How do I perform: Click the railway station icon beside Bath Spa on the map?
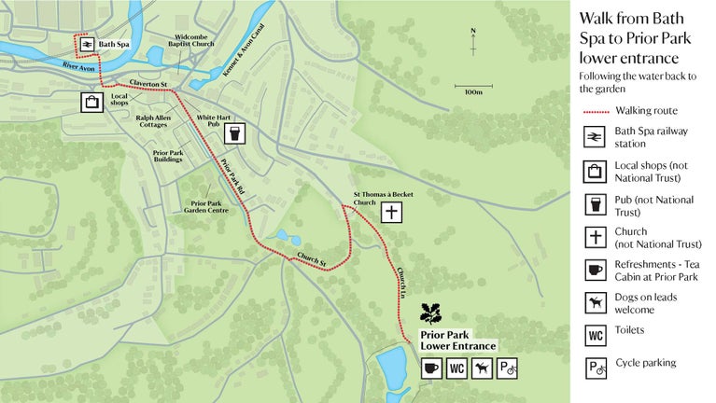pyautogui.click(x=84, y=44)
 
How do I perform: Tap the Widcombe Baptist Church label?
pyautogui.click(x=191, y=41)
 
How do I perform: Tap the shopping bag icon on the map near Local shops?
pyautogui.click(x=91, y=102)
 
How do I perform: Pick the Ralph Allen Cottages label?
pyautogui.click(x=158, y=122)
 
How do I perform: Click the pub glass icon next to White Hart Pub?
pyautogui.click(x=237, y=133)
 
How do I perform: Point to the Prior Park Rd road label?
pyautogui.click(x=232, y=176)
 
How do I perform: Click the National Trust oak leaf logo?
pyautogui.click(x=431, y=313)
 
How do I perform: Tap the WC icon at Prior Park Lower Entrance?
pyautogui.click(x=456, y=368)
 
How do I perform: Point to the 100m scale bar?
pyautogui.click(x=473, y=89)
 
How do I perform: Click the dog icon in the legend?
pyautogui.click(x=596, y=302)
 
